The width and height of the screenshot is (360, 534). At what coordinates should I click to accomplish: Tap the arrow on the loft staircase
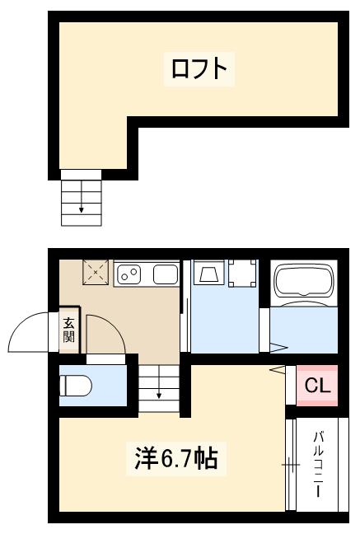[x=82, y=208]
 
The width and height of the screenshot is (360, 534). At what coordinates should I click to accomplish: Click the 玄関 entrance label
[x=68, y=330]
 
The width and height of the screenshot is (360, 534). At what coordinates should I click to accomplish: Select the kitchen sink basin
[x=166, y=274]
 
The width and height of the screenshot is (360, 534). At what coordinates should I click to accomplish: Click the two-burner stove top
[x=129, y=274]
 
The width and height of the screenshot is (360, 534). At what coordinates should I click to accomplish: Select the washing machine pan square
[x=242, y=274]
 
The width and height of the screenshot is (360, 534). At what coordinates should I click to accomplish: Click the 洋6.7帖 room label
[x=176, y=457]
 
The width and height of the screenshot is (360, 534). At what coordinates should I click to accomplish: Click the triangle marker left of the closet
[x=278, y=369]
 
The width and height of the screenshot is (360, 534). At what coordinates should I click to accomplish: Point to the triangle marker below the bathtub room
[x=278, y=347]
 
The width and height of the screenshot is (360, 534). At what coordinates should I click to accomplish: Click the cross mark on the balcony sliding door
[x=290, y=466]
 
